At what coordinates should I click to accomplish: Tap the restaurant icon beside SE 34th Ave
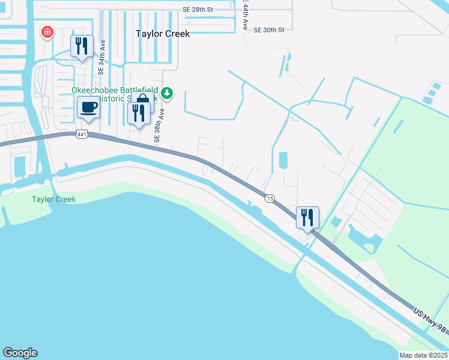(82, 46)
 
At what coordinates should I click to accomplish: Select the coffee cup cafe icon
(89, 108)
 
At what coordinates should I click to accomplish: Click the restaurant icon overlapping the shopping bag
(139, 113)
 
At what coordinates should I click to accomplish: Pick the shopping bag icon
(143, 98)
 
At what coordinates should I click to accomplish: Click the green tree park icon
(167, 93)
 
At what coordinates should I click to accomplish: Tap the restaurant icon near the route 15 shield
(307, 217)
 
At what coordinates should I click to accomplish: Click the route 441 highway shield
(82, 134)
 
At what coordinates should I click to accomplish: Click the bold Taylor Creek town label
(163, 34)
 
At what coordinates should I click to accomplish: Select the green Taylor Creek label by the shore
(54, 199)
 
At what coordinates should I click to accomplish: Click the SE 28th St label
(197, 10)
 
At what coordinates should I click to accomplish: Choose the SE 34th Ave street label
(103, 58)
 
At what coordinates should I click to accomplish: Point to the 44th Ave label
(245, 16)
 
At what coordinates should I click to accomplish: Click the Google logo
(20, 353)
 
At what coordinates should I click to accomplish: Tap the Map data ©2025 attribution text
(423, 355)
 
